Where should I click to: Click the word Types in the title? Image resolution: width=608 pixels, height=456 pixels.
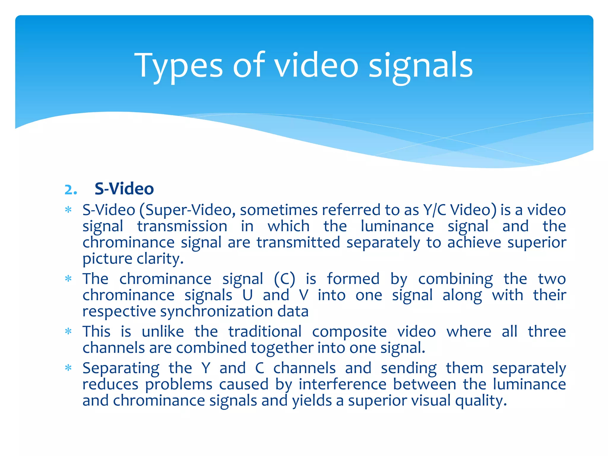tap(178, 66)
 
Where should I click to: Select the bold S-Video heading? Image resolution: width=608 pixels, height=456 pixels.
tap(124, 189)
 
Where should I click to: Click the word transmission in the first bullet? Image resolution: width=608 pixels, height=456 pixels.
tap(182, 227)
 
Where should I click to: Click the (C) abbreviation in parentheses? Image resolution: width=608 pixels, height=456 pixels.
tap(284, 279)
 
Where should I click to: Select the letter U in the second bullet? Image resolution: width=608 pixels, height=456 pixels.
tap(247, 295)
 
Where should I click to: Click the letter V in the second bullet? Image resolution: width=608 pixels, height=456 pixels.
tap(303, 295)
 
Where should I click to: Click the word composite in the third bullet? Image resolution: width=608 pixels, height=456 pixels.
tap(349, 332)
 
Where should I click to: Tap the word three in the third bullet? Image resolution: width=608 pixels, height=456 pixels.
tap(547, 332)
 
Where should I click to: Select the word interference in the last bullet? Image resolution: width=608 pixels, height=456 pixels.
tap(342, 385)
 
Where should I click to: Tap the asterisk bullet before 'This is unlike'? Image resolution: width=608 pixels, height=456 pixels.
tap(68, 331)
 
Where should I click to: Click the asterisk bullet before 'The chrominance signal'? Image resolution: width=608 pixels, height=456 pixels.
tap(68, 279)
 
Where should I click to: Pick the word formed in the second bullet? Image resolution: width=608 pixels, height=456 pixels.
tap(353, 279)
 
